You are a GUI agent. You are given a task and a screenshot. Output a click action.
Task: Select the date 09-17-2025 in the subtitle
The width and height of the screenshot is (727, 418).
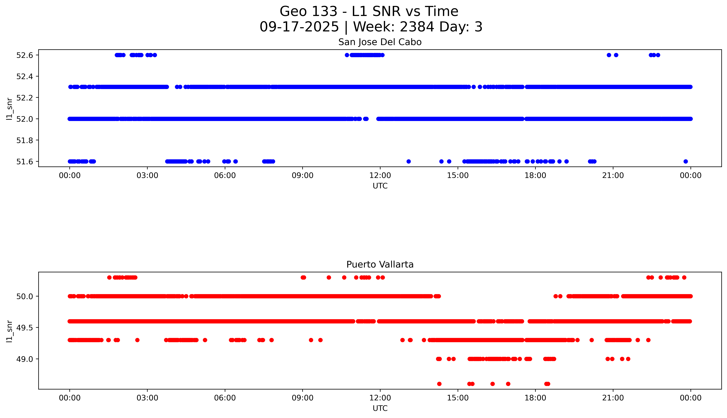click(299, 27)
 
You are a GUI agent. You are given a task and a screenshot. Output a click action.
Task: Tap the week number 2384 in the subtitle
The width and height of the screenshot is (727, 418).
click(417, 27)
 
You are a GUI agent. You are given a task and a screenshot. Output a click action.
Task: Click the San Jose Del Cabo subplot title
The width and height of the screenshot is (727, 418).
click(380, 42)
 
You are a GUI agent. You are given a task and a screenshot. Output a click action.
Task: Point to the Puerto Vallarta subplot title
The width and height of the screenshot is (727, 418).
click(380, 264)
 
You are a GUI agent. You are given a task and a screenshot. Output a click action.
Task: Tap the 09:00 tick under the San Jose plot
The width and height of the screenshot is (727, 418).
click(303, 175)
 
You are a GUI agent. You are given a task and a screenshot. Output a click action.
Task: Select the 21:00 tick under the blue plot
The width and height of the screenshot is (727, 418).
click(613, 175)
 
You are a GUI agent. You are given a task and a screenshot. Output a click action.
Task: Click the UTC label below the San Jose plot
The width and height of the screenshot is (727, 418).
click(380, 186)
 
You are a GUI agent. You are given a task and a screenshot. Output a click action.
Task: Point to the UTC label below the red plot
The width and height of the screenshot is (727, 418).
click(380, 408)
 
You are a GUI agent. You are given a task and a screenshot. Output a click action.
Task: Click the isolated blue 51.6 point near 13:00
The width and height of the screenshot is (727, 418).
click(409, 161)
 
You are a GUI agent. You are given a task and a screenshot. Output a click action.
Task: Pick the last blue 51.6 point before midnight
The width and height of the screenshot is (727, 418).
click(685, 161)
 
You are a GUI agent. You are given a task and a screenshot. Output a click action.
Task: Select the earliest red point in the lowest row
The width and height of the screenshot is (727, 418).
click(439, 384)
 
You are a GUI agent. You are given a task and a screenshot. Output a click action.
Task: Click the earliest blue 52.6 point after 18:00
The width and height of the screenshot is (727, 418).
click(609, 55)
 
